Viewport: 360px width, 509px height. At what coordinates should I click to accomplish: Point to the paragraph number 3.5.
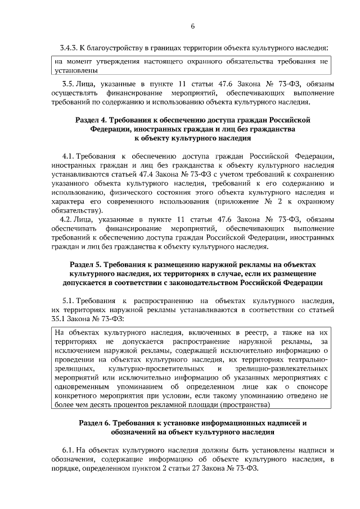click(x=66, y=84)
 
